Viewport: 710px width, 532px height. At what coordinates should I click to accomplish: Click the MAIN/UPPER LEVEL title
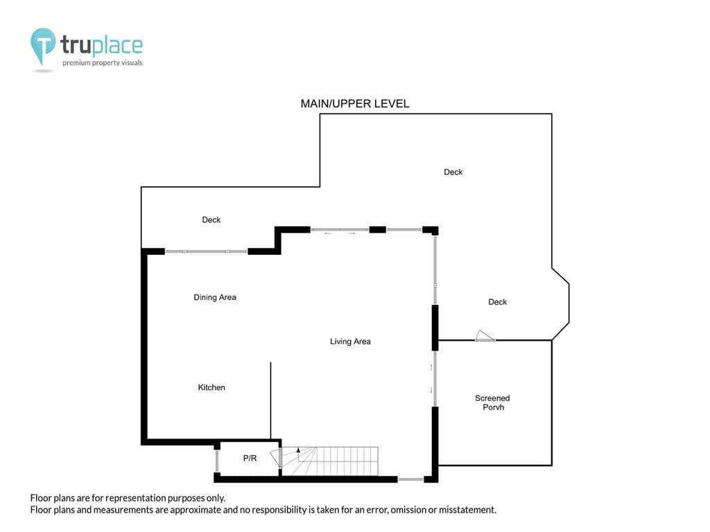pos(354,104)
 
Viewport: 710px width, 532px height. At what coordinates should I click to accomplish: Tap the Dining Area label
pos(215,297)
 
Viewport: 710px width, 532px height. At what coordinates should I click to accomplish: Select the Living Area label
pos(350,342)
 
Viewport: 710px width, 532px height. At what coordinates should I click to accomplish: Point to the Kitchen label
pos(211,387)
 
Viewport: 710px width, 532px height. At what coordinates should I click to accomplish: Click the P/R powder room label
pos(250,459)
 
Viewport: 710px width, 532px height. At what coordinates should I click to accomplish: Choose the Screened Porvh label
pos(493,402)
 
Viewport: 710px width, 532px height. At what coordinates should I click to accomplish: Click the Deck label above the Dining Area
pos(211,220)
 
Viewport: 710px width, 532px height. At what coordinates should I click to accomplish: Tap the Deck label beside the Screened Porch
pos(497,302)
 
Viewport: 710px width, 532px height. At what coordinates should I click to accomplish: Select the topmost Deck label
pos(453,172)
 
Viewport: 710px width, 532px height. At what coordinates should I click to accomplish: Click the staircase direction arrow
pos(298,450)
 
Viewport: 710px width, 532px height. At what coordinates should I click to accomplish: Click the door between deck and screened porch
pos(485,336)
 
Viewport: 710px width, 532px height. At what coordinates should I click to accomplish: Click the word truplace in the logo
pos(101,45)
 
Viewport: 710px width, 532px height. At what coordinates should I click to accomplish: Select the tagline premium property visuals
pos(103,63)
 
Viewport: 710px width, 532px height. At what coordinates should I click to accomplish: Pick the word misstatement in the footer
pos(467,510)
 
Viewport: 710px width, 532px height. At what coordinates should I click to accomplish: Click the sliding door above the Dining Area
pos(206,251)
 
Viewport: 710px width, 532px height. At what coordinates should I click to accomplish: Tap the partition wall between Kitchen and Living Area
pos(271,400)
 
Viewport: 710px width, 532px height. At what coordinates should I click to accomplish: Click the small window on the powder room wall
pos(217,461)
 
